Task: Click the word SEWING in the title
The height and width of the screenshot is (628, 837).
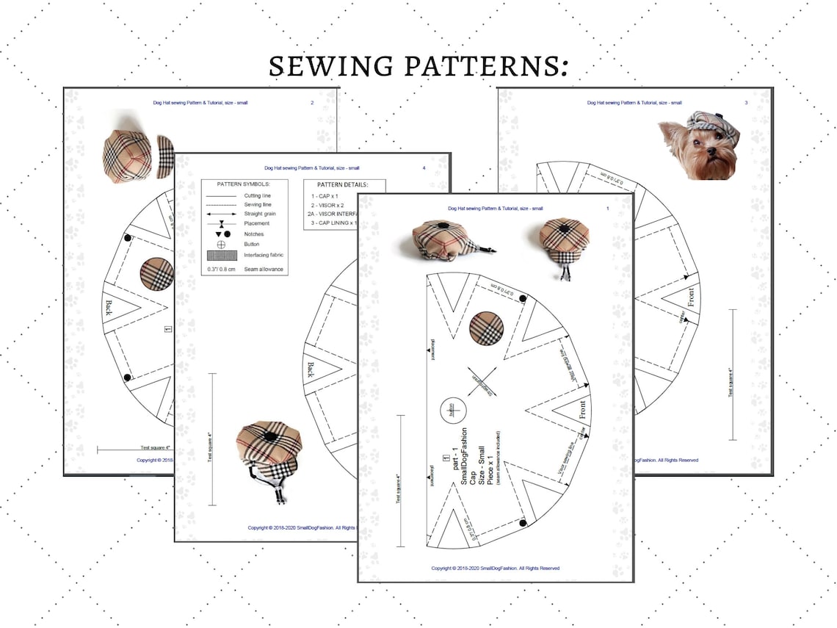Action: coord(330,66)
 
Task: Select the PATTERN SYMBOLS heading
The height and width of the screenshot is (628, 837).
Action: coord(244,184)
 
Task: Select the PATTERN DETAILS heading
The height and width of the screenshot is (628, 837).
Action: coord(342,184)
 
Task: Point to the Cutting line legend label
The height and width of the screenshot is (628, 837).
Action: coord(258,196)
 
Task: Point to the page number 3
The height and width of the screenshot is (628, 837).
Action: coord(746,103)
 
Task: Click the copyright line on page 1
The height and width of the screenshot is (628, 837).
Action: coord(496,568)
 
